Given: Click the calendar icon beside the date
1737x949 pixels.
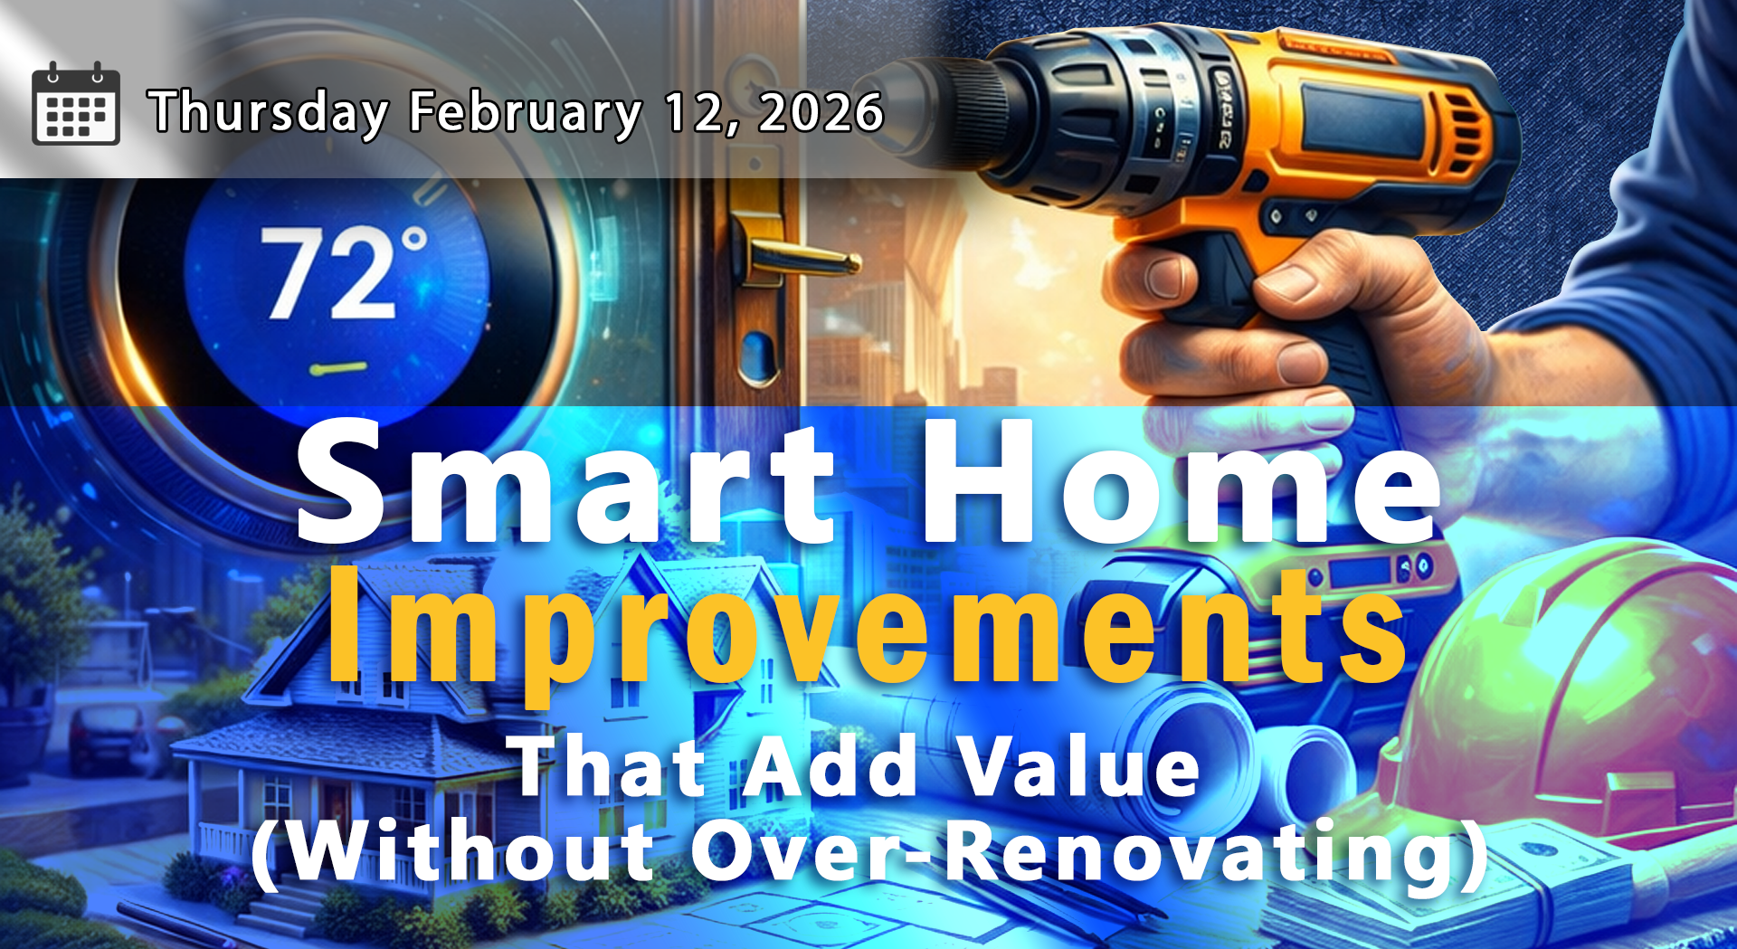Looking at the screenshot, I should coord(76,104).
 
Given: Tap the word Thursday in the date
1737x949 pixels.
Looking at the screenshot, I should coord(269,112).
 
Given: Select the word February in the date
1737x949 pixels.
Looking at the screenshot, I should coord(525,112).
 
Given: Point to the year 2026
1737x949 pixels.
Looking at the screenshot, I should coord(821,112).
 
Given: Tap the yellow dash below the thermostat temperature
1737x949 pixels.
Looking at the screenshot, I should coord(337,368).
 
